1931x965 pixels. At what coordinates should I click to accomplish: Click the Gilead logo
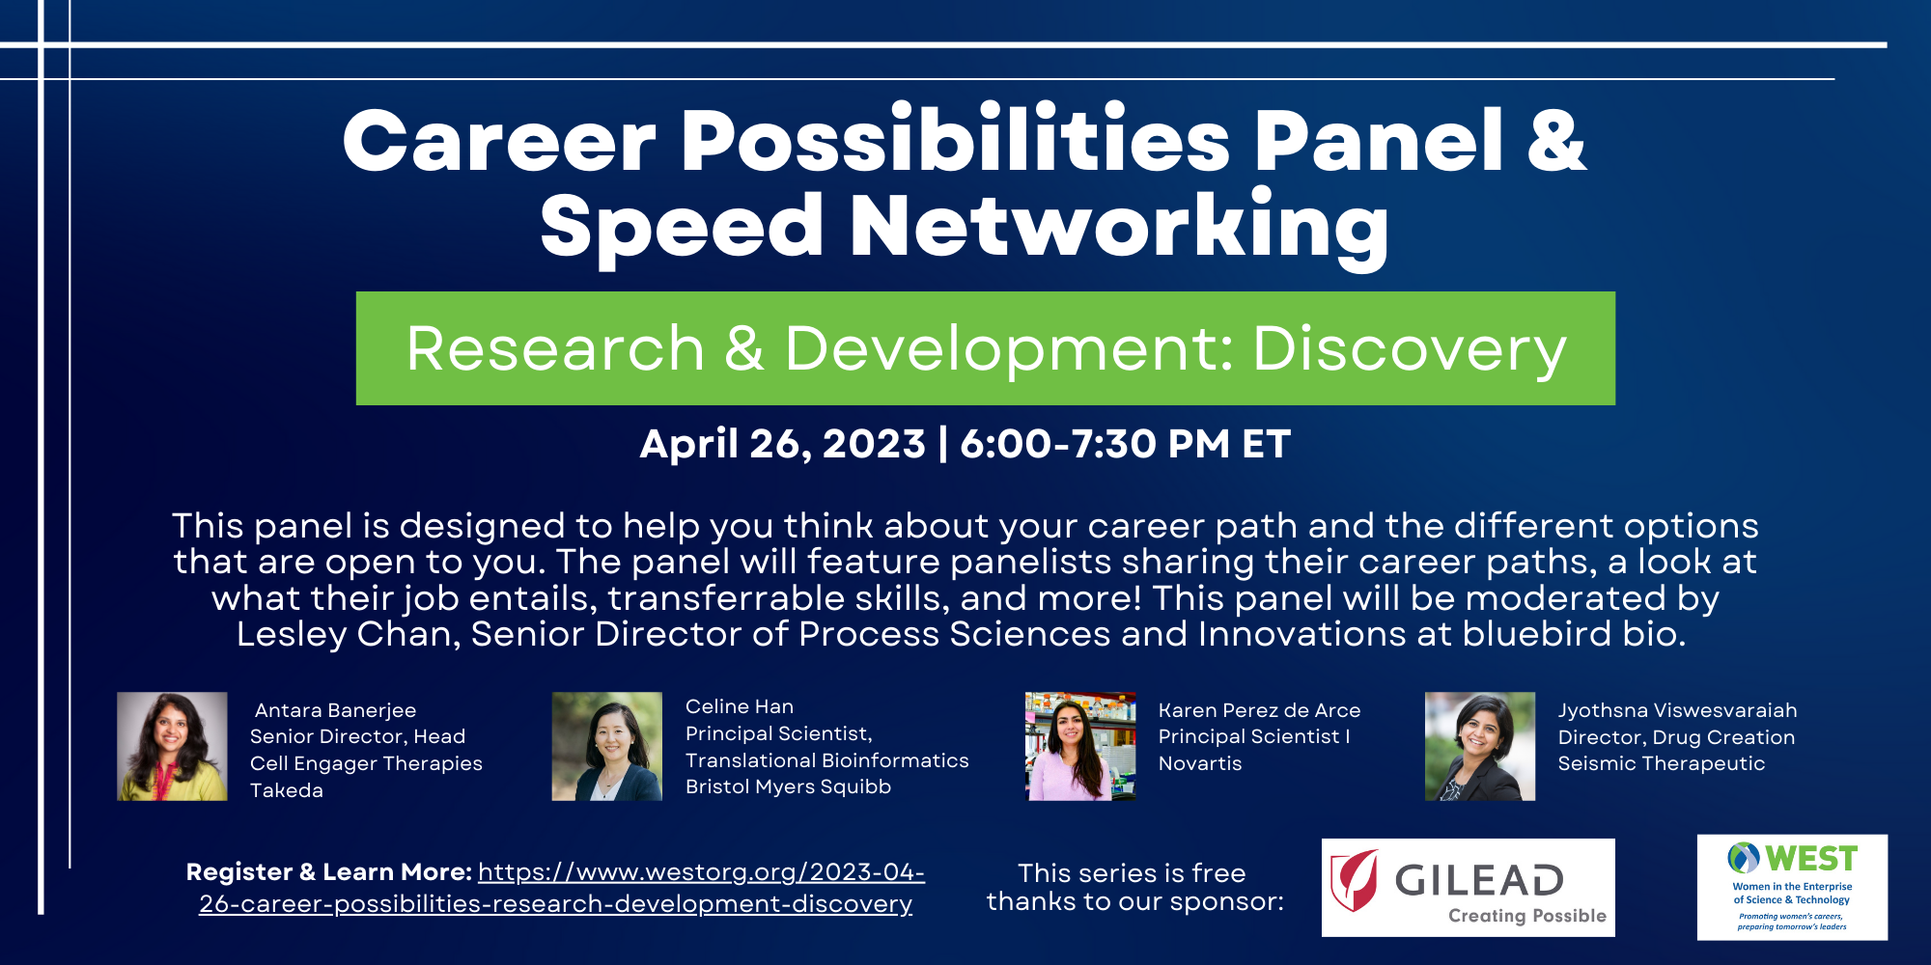coord(1468,888)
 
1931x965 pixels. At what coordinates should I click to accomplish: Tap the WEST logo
coord(1792,887)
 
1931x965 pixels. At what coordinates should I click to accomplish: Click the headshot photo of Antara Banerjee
coord(172,746)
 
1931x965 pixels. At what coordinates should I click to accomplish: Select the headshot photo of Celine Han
coord(606,746)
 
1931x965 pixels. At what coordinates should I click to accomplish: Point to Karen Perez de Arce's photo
coord(1080,746)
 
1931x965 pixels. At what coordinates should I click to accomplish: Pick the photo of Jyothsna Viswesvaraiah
coord(1480,746)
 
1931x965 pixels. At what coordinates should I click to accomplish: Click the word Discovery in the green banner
coord(1409,348)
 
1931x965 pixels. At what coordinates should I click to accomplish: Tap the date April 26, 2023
coord(782,444)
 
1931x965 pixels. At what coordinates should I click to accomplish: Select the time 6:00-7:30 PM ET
coord(1125,444)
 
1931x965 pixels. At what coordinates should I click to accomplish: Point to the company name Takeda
coord(287,790)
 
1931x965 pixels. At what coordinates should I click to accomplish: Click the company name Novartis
coord(1200,763)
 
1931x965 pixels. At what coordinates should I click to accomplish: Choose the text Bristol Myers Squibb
coord(788,787)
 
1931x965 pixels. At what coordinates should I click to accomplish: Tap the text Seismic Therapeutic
coord(1661,763)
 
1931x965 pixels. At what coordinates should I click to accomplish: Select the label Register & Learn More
coord(328,872)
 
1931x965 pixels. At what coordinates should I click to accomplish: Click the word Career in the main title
coord(499,142)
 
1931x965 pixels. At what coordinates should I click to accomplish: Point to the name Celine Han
coord(740,706)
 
